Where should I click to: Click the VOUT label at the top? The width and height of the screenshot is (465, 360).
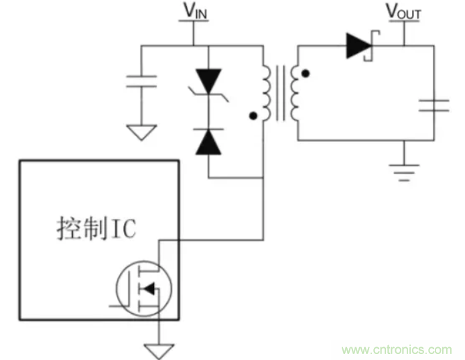pyautogui.click(x=403, y=12)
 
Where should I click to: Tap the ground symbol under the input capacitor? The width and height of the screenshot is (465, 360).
pyautogui.click(x=141, y=133)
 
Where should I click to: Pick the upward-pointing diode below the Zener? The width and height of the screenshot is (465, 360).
pyautogui.click(x=209, y=142)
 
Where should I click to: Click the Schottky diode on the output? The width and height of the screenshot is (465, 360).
pyautogui.click(x=360, y=46)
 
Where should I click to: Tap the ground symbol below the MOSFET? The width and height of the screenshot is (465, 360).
pyautogui.click(x=159, y=350)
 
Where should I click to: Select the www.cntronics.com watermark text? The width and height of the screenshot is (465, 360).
pyautogui.click(x=397, y=349)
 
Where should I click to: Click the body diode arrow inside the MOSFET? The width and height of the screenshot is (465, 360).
pyautogui.click(x=150, y=289)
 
